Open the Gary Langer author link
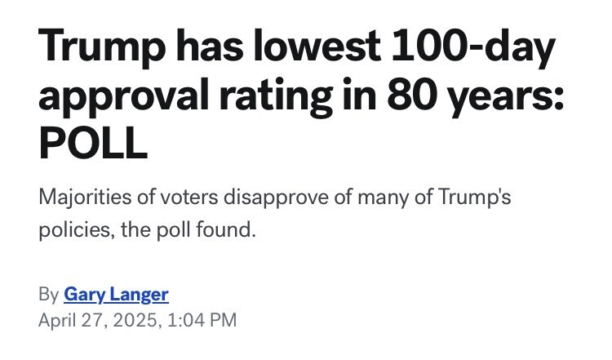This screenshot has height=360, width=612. (115, 294)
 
